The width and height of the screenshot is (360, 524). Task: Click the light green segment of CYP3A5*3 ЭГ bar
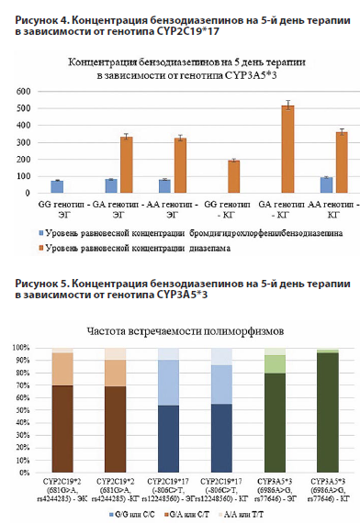(276, 364)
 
